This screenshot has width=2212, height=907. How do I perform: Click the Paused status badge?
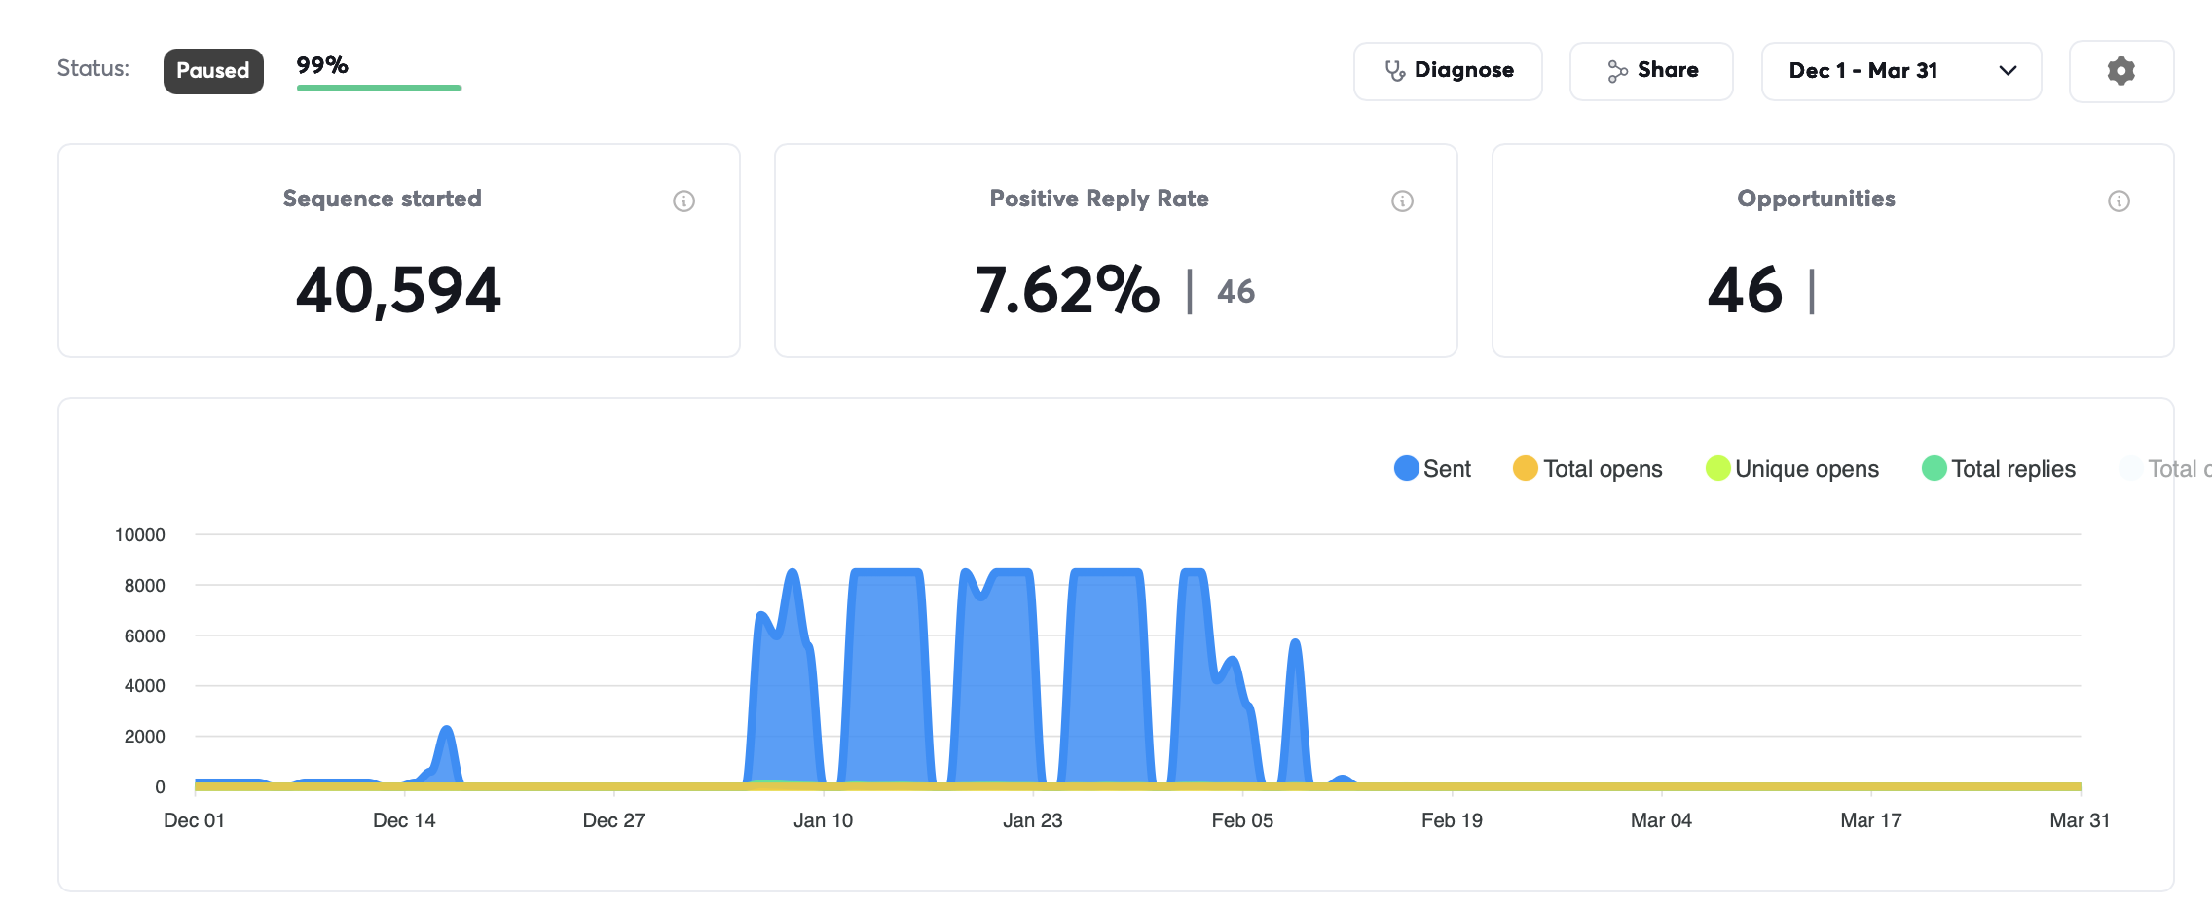213,71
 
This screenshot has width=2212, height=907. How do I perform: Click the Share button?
1651,71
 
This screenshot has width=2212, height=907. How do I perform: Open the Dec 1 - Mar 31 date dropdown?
1901,71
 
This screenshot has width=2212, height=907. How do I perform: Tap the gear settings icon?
2121,71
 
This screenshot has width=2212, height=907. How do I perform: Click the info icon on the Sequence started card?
684,201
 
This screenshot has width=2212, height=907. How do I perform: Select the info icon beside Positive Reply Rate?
1403,201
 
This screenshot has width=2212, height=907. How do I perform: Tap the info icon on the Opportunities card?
2120,201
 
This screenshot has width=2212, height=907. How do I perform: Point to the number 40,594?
398,290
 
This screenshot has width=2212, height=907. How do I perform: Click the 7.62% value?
1067,290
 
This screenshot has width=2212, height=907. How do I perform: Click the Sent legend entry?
1433,469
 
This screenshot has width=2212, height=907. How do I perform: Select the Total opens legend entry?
1588,469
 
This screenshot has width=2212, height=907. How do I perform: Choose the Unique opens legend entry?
1792,469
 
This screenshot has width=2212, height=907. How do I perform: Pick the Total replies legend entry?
1999,469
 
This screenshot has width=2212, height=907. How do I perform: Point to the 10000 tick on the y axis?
140,535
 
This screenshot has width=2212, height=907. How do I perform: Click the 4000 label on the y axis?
145,686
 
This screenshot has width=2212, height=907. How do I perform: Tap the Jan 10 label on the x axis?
823,820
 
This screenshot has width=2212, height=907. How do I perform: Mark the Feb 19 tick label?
1452,820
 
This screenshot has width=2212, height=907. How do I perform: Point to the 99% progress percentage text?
322,65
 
